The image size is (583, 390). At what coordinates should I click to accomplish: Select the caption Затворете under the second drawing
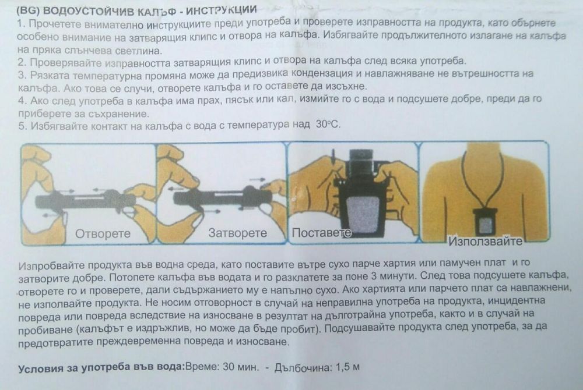coord(237,233)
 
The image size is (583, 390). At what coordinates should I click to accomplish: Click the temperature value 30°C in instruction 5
coord(326,125)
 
